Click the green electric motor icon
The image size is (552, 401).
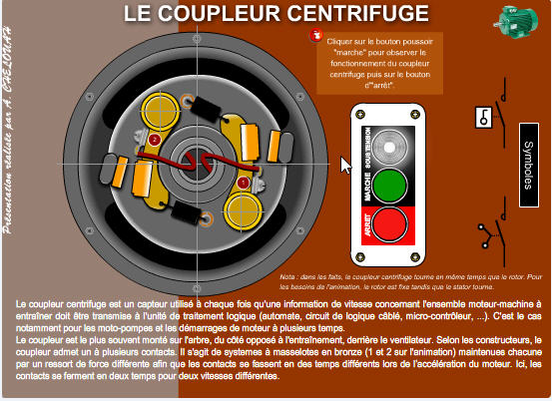click(516, 21)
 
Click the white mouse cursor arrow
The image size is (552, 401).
click(346, 165)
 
